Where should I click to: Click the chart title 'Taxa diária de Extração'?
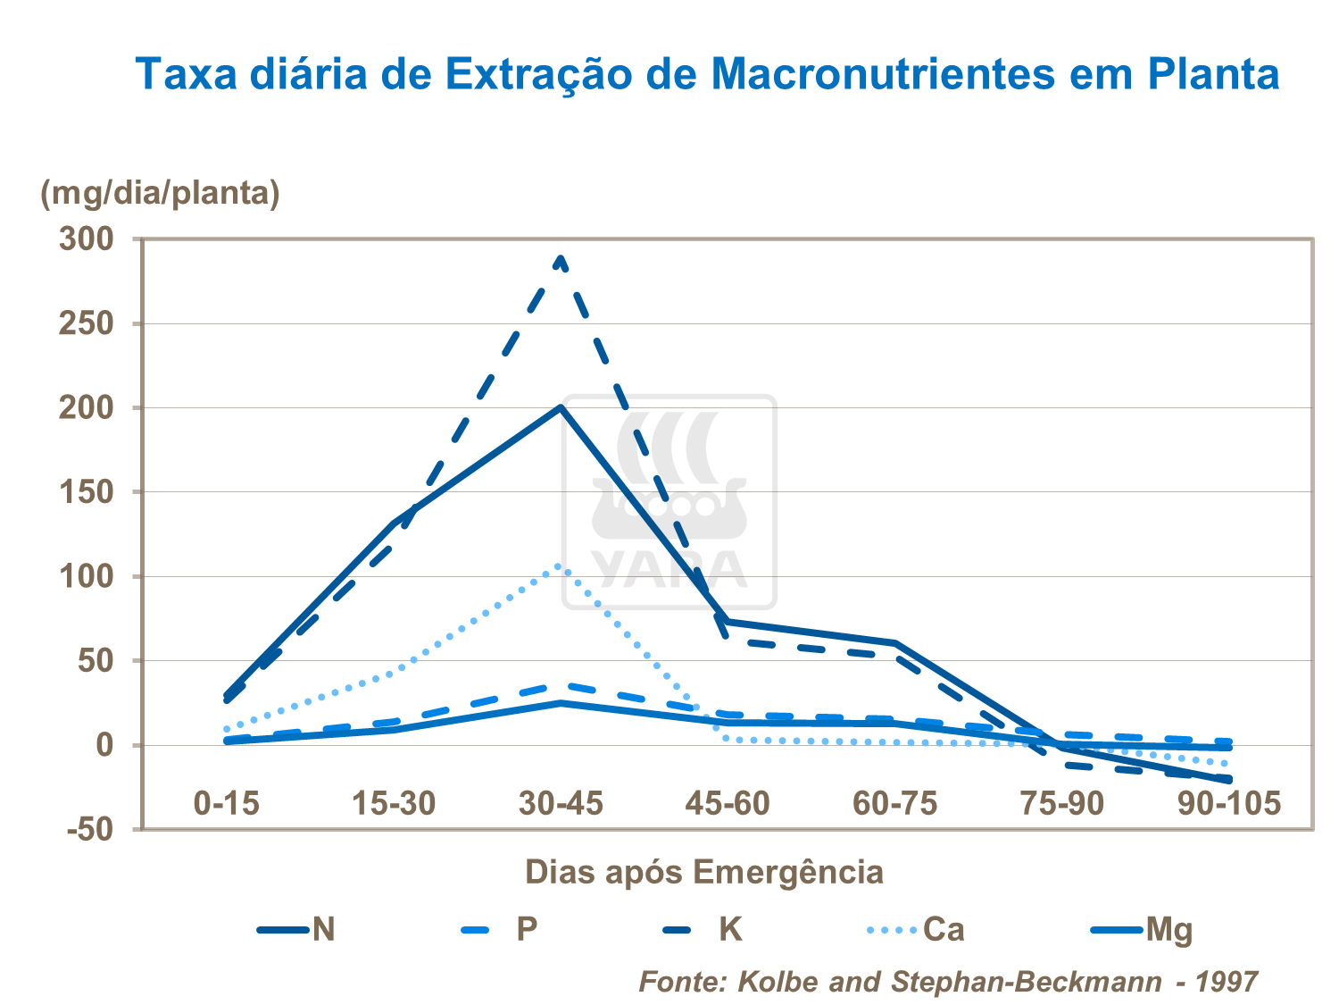708,73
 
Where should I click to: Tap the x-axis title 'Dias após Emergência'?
703,871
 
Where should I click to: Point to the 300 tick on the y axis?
87,239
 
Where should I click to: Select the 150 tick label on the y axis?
87,492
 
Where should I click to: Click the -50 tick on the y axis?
90,830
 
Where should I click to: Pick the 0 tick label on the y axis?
104,745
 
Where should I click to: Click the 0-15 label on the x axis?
227,803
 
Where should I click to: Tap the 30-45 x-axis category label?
561,803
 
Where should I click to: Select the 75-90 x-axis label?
1062,803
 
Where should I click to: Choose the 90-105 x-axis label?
1229,803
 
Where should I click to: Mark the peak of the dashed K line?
561,258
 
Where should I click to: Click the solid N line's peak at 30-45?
561,407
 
